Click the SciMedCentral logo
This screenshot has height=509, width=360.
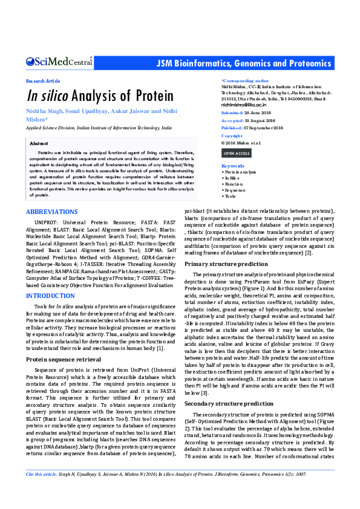click(59, 62)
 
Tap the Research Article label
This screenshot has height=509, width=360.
click(43, 81)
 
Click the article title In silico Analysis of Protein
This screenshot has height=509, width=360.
click(91, 96)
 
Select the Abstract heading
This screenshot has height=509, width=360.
click(39, 143)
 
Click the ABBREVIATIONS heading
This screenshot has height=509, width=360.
click(51, 212)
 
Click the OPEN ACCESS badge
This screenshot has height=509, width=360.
click(237, 154)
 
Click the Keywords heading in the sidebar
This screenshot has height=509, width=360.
click(233, 166)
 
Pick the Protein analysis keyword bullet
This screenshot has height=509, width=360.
click(240, 172)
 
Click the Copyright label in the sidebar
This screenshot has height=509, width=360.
click(232, 136)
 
